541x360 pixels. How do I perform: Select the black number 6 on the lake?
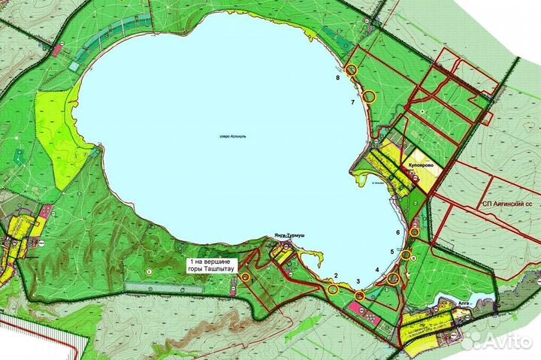pyautogui.click(x=397, y=232)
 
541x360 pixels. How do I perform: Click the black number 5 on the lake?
pyautogui.click(x=391, y=251)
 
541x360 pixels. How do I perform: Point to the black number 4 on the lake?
pyautogui.click(x=376, y=269)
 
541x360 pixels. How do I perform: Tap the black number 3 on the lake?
pyautogui.click(x=358, y=281)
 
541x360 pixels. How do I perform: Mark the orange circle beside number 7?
pyautogui.click(x=368, y=95)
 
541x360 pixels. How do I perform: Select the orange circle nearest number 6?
pyautogui.click(x=414, y=232)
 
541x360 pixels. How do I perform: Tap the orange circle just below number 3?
pyautogui.click(x=360, y=296)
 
